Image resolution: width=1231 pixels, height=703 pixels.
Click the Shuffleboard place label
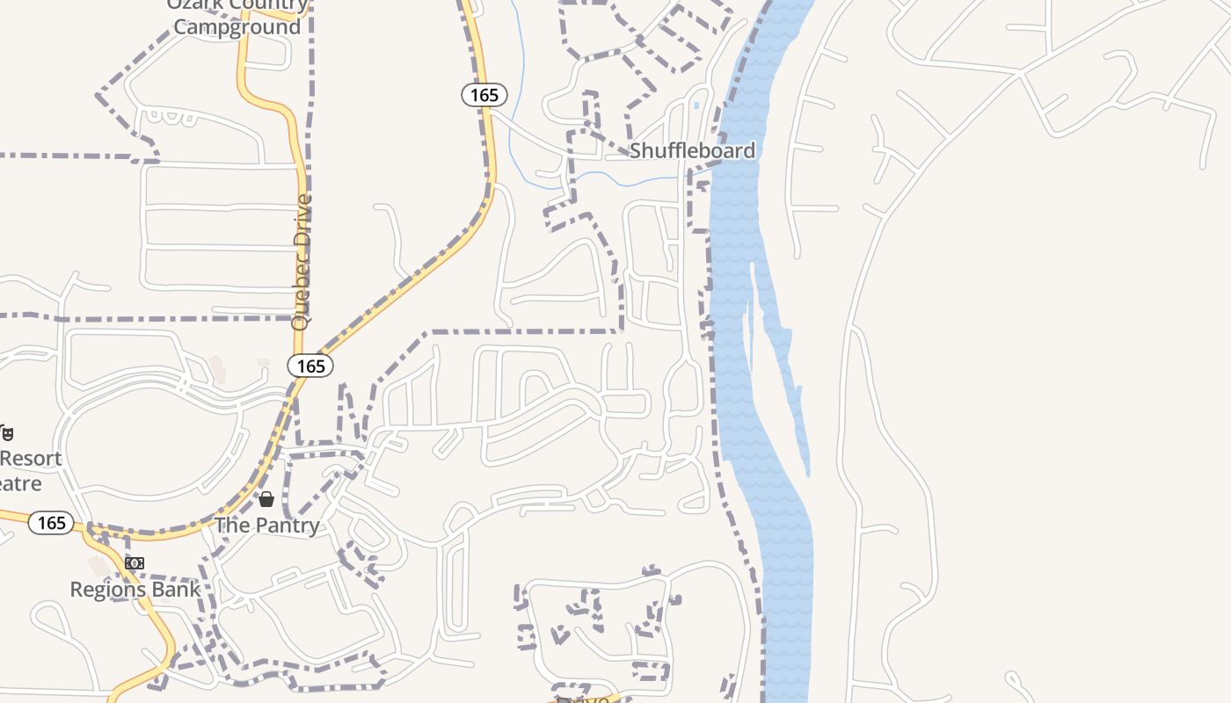692,150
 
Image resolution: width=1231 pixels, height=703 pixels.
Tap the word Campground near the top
237,26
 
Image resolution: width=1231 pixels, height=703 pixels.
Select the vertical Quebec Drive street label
302,262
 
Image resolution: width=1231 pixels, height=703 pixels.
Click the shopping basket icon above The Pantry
266,499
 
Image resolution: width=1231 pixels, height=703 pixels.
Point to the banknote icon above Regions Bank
134,562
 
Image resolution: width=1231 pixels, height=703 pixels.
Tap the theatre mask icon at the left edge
7,432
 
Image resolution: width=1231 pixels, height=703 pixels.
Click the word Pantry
288,525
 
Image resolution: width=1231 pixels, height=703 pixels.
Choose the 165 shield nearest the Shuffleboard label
484,95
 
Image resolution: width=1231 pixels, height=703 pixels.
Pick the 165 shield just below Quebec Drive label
310,366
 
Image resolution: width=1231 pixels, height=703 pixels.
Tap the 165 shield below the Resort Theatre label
51,523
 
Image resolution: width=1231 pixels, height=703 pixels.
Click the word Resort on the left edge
32,459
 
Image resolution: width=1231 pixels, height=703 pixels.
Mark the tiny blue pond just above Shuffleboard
696,106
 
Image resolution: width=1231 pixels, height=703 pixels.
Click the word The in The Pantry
233,525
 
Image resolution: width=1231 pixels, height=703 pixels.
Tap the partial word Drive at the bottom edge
583,699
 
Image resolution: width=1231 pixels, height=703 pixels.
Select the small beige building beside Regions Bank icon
98,565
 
